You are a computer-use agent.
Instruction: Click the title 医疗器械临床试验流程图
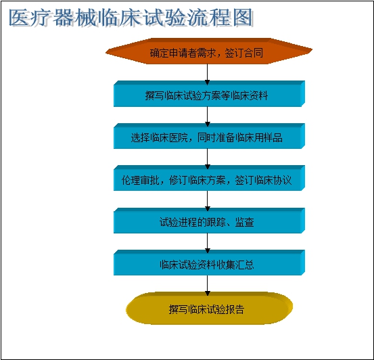coord(131,18)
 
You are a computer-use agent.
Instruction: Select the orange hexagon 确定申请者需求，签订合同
coord(209,51)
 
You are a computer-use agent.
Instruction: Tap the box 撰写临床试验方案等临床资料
coord(209,93)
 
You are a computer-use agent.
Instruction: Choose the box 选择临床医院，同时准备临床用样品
coord(209,136)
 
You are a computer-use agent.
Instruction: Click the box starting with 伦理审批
coord(209,178)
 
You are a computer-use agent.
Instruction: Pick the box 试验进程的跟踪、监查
coord(209,221)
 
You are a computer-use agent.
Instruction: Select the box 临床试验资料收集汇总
coord(209,263)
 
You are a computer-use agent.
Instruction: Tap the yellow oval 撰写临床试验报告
coord(209,308)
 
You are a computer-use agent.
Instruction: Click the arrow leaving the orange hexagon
coord(207,74)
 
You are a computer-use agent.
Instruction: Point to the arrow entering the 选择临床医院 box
coord(207,116)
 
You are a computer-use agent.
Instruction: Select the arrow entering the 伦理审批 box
coord(207,159)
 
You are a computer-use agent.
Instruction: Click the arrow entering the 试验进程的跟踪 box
coord(207,201)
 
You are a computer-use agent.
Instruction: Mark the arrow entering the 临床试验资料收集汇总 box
coord(207,243)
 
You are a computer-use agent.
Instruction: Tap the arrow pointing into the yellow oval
coord(207,286)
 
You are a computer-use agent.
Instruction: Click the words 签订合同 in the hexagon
coord(243,53)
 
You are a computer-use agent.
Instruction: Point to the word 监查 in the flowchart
coord(244,222)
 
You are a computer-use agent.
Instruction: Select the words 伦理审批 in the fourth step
coord(141,180)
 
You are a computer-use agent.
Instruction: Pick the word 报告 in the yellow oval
coord(235,309)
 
